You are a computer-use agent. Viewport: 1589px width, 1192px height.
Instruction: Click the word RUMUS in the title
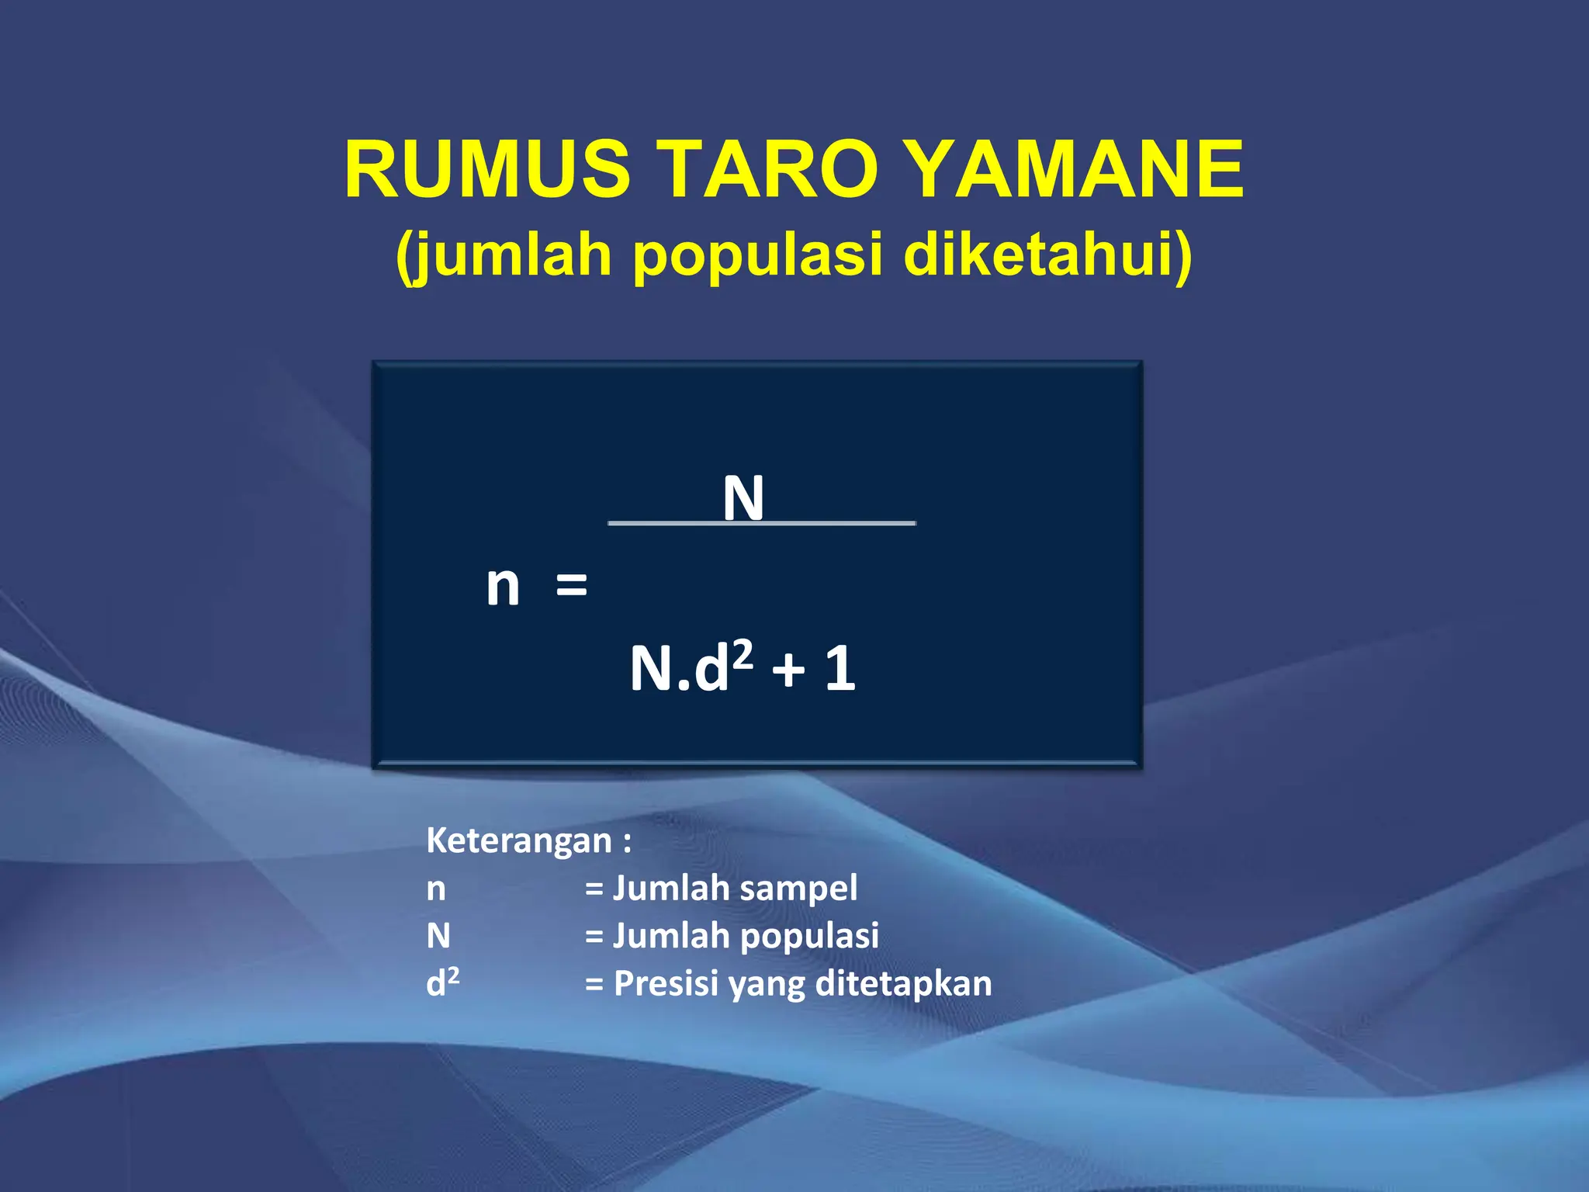pos(487,169)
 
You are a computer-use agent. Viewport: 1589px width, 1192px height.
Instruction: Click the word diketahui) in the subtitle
pos(1047,255)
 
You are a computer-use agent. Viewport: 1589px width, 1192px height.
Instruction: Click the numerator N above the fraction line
pos(743,498)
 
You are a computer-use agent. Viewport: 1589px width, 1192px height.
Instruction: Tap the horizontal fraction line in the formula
pos(838,524)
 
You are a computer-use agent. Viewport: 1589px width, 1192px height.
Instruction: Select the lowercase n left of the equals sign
pos(502,586)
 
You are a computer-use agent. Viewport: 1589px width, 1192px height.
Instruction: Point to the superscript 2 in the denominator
pos(743,655)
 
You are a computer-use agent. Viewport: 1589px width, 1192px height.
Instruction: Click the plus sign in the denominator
pos(788,670)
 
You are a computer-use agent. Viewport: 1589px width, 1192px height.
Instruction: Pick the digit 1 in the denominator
pos(840,668)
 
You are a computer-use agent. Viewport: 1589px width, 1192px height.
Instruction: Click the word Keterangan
pos(519,840)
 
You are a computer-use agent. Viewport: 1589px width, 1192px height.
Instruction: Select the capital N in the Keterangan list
pos(438,936)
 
